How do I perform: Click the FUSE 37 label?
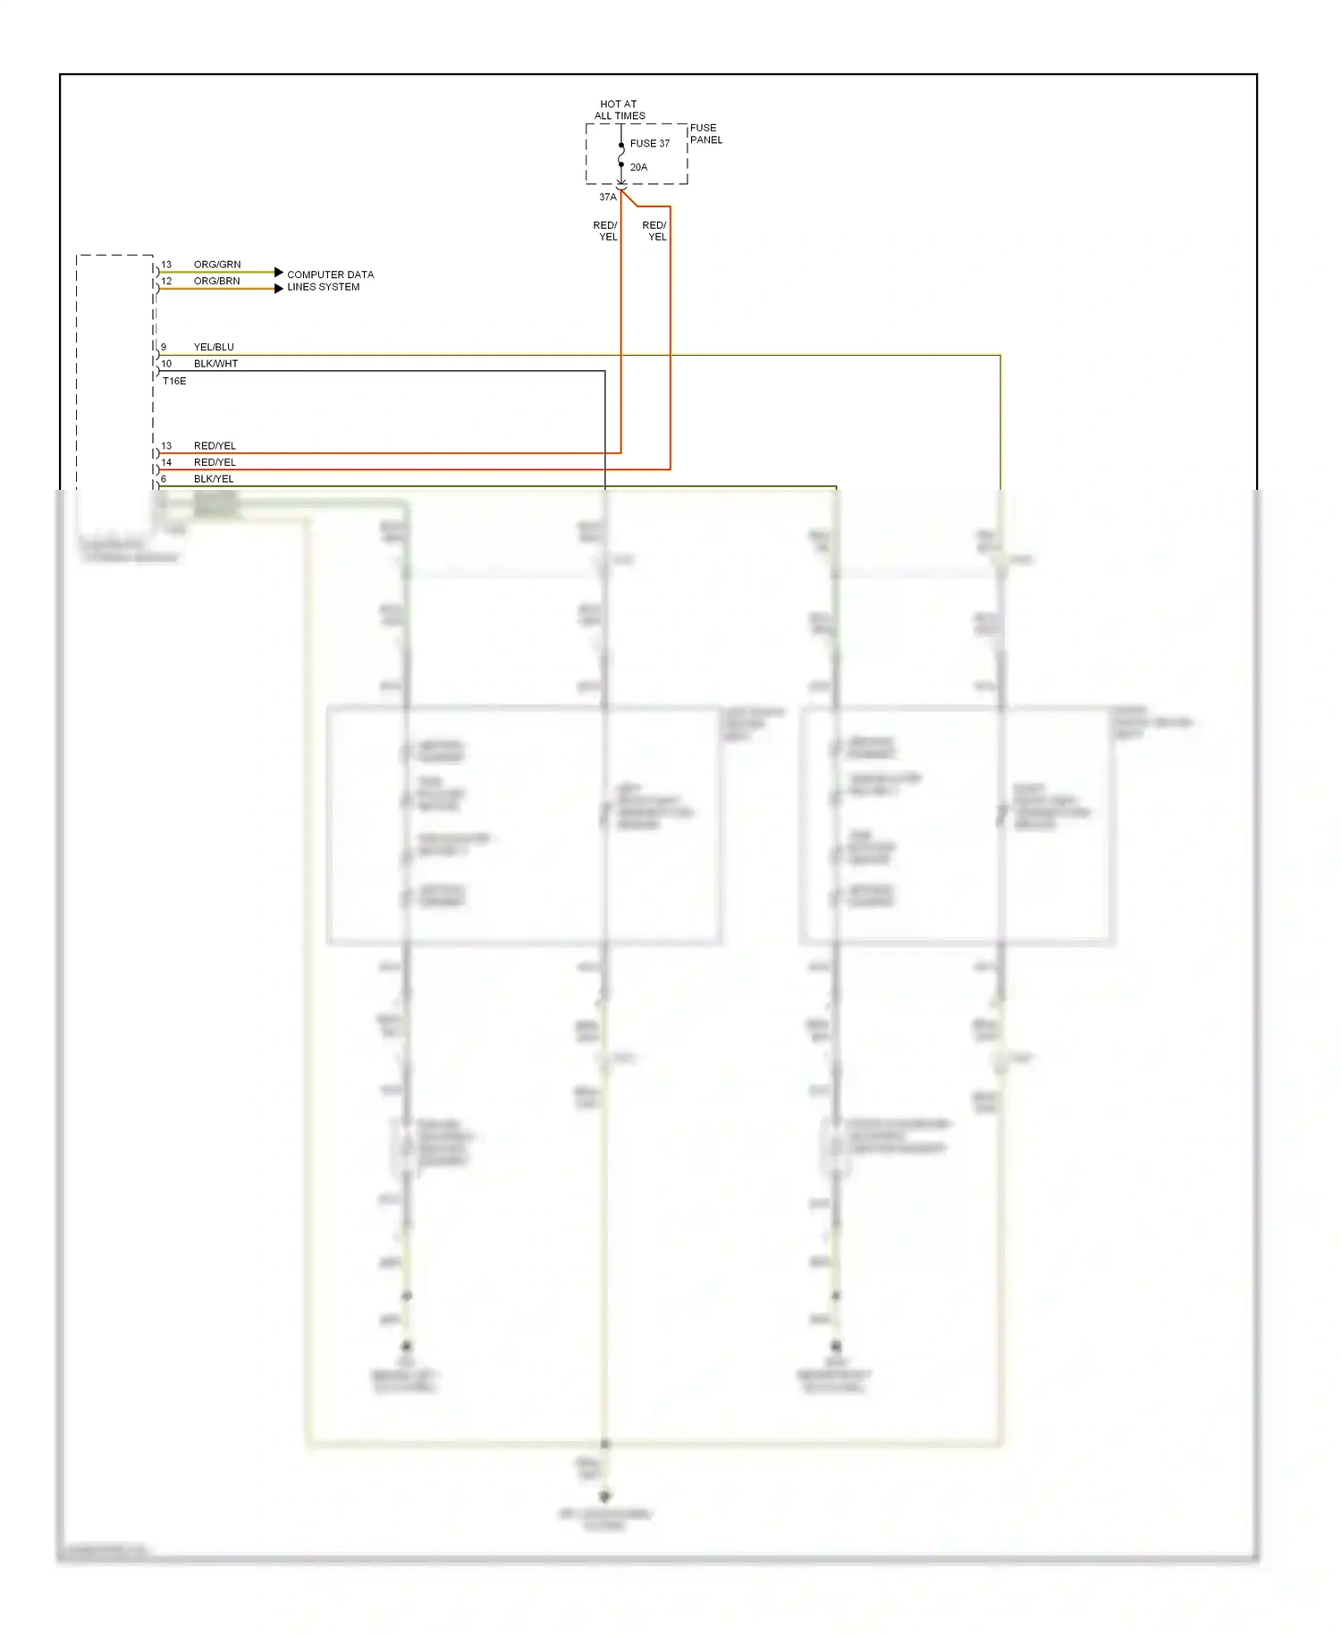(649, 143)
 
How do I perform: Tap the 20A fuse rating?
(638, 167)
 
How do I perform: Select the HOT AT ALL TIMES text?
(619, 110)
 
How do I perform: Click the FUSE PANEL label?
(705, 134)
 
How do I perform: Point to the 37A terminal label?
(607, 197)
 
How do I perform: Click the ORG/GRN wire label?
(217, 265)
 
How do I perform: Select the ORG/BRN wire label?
(216, 281)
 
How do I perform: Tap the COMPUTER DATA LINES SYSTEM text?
(329, 281)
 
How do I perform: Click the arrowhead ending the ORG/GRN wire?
(279, 272)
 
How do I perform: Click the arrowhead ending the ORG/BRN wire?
(279, 289)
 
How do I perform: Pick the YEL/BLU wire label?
(214, 347)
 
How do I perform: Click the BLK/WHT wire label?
(215, 364)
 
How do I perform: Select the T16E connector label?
(174, 381)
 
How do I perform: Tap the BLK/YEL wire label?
(214, 479)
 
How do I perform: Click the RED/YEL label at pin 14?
(215, 462)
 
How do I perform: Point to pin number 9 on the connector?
(164, 347)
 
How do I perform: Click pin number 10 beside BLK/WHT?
(166, 364)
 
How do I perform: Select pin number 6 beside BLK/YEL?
(164, 479)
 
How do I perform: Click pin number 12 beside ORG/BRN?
(166, 281)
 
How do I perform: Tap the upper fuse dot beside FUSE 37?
(621, 146)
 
